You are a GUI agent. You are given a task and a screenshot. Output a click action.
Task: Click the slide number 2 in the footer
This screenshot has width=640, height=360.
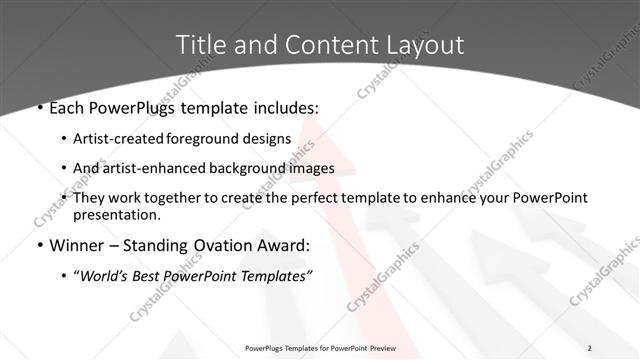coord(590,348)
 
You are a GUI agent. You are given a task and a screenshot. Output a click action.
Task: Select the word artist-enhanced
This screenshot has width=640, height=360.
coord(160,168)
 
